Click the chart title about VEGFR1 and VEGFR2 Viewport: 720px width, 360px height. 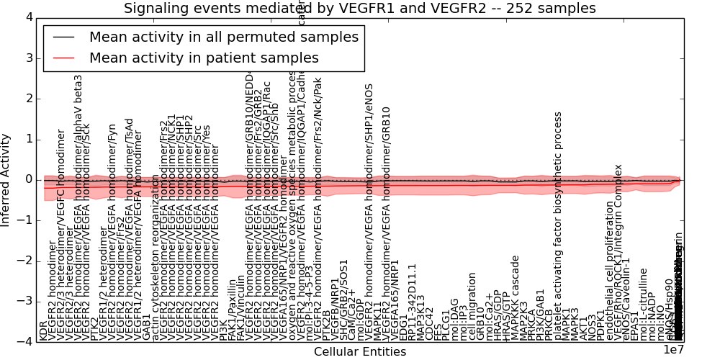click(x=359, y=9)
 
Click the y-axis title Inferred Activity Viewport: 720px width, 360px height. click(x=6, y=180)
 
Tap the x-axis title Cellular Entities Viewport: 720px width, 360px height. click(x=360, y=351)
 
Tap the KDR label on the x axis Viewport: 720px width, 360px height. click(x=43, y=331)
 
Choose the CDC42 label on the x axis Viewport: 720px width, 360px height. click(x=430, y=323)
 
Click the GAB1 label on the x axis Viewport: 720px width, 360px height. click(x=147, y=328)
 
